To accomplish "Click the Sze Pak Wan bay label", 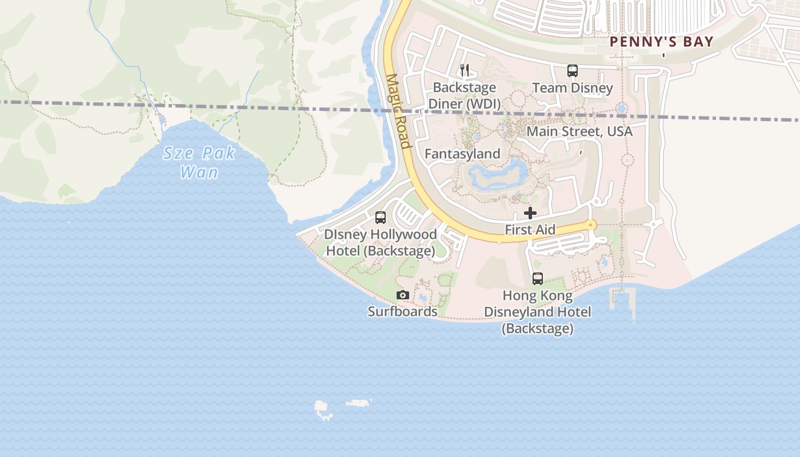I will pyautogui.click(x=199, y=162).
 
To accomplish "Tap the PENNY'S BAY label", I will pyautogui.click(x=662, y=41).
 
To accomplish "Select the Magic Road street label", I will pyautogui.click(x=398, y=111).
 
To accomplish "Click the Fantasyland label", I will pyautogui.click(x=462, y=154).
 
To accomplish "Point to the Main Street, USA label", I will pyautogui.click(x=579, y=131).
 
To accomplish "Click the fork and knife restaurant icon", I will pyautogui.click(x=465, y=70).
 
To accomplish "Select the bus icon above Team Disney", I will pyautogui.click(x=573, y=71).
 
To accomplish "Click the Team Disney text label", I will pyautogui.click(x=573, y=88).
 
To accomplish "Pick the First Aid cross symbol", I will pyautogui.click(x=530, y=213).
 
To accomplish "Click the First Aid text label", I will pyautogui.click(x=530, y=230).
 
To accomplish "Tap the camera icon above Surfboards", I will pyautogui.click(x=403, y=295).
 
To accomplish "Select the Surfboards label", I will pyautogui.click(x=403, y=311).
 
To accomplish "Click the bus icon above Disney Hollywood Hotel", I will pyautogui.click(x=381, y=218).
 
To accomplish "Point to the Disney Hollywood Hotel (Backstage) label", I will pyautogui.click(x=381, y=243).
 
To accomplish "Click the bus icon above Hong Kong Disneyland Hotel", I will pyautogui.click(x=538, y=279).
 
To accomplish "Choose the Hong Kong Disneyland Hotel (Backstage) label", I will pyautogui.click(x=538, y=312).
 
